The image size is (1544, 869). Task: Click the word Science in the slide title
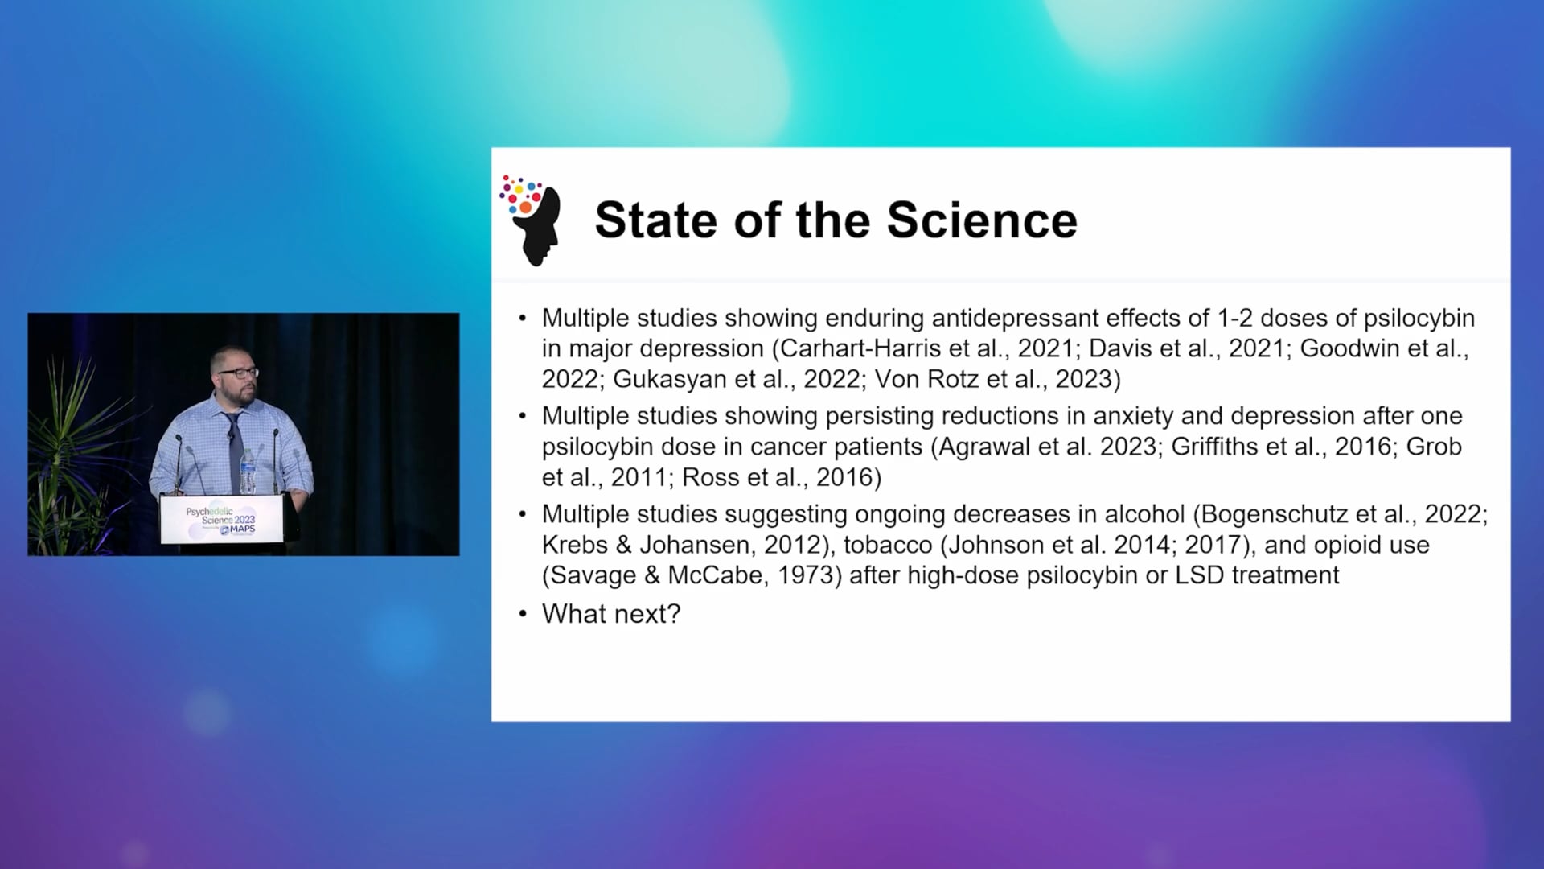[x=982, y=220]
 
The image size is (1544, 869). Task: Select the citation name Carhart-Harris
[x=861, y=348]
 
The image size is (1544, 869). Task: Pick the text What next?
[x=611, y=614]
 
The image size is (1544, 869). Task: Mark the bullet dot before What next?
[x=523, y=615]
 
